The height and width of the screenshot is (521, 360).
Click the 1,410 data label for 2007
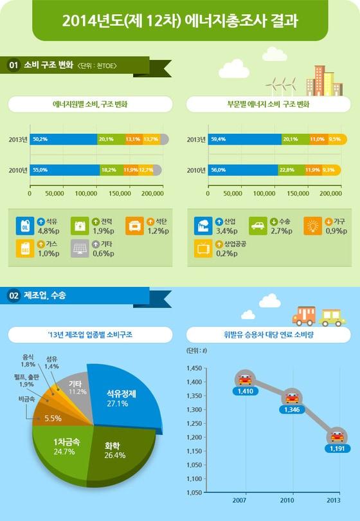pyautogui.click(x=244, y=391)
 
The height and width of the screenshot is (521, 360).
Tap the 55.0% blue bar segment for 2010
pyautogui.click(x=63, y=170)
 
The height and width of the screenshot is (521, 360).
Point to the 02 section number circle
pyautogui.click(x=14, y=296)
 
